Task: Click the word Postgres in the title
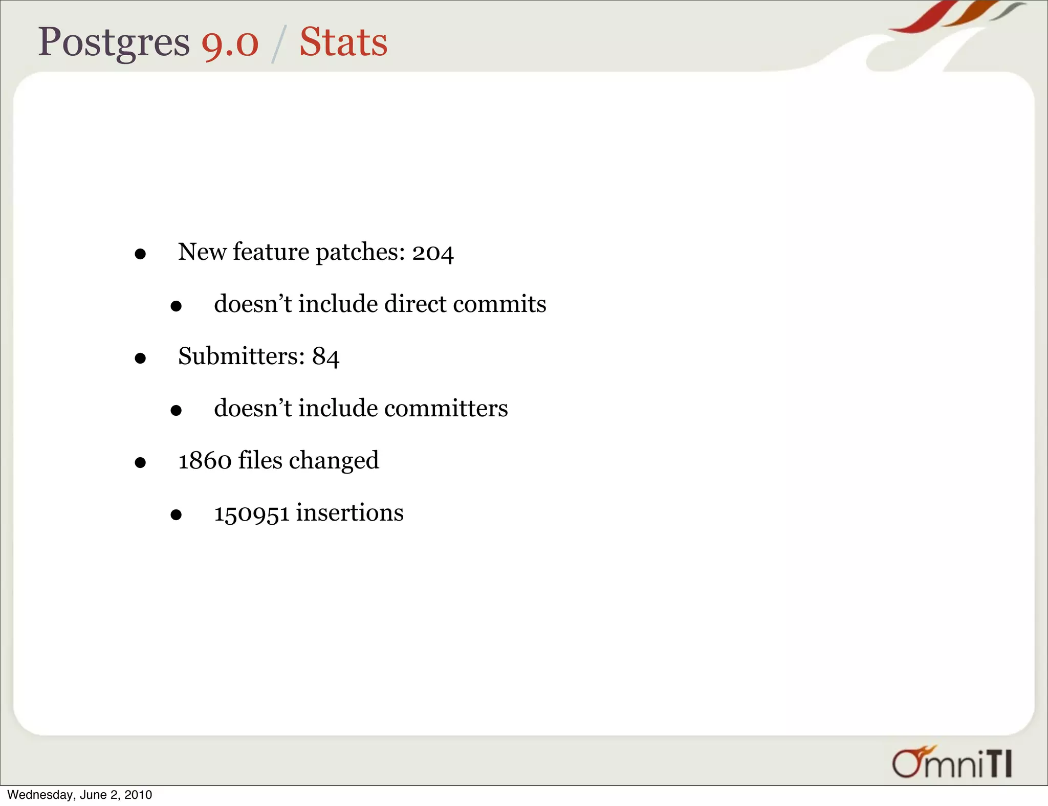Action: tap(114, 43)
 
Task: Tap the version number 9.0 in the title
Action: tap(230, 43)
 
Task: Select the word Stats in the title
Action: tap(343, 42)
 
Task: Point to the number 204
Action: tap(433, 253)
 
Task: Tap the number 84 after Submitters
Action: tap(326, 356)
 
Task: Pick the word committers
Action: tap(446, 409)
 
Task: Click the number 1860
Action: tap(205, 461)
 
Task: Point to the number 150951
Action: tap(252, 513)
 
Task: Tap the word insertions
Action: tap(350, 513)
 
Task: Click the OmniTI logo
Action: tap(952, 763)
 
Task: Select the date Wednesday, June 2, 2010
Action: tap(80, 795)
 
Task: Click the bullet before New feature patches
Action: tap(140, 254)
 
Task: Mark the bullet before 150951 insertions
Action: tap(176, 515)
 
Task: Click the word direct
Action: tap(416, 304)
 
